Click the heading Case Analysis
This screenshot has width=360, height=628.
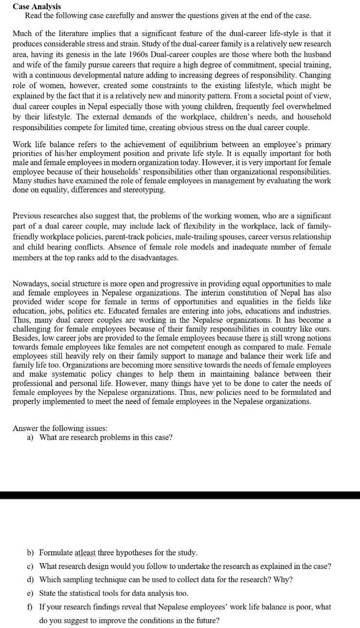click(x=37, y=6)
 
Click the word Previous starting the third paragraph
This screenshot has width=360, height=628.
click(x=28, y=216)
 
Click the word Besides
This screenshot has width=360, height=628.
click(x=25, y=338)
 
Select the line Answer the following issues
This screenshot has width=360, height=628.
click(x=60, y=428)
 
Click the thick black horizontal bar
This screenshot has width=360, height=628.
click(x=180, y=495)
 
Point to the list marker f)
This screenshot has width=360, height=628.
click(x=30, y=607)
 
